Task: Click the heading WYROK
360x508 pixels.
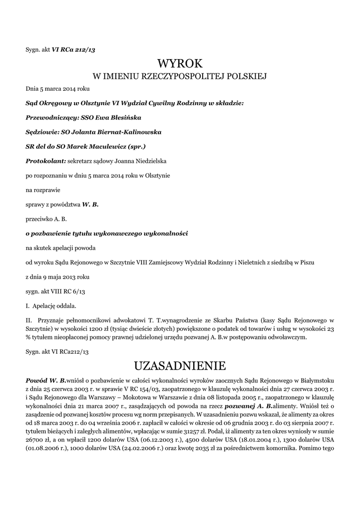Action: pyautogui.click(x=180, y=63)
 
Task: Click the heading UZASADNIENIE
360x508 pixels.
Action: pyautogui.click(x=180, y=366)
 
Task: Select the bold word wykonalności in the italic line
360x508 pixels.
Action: pyautogui.click(x=165, y=233)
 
